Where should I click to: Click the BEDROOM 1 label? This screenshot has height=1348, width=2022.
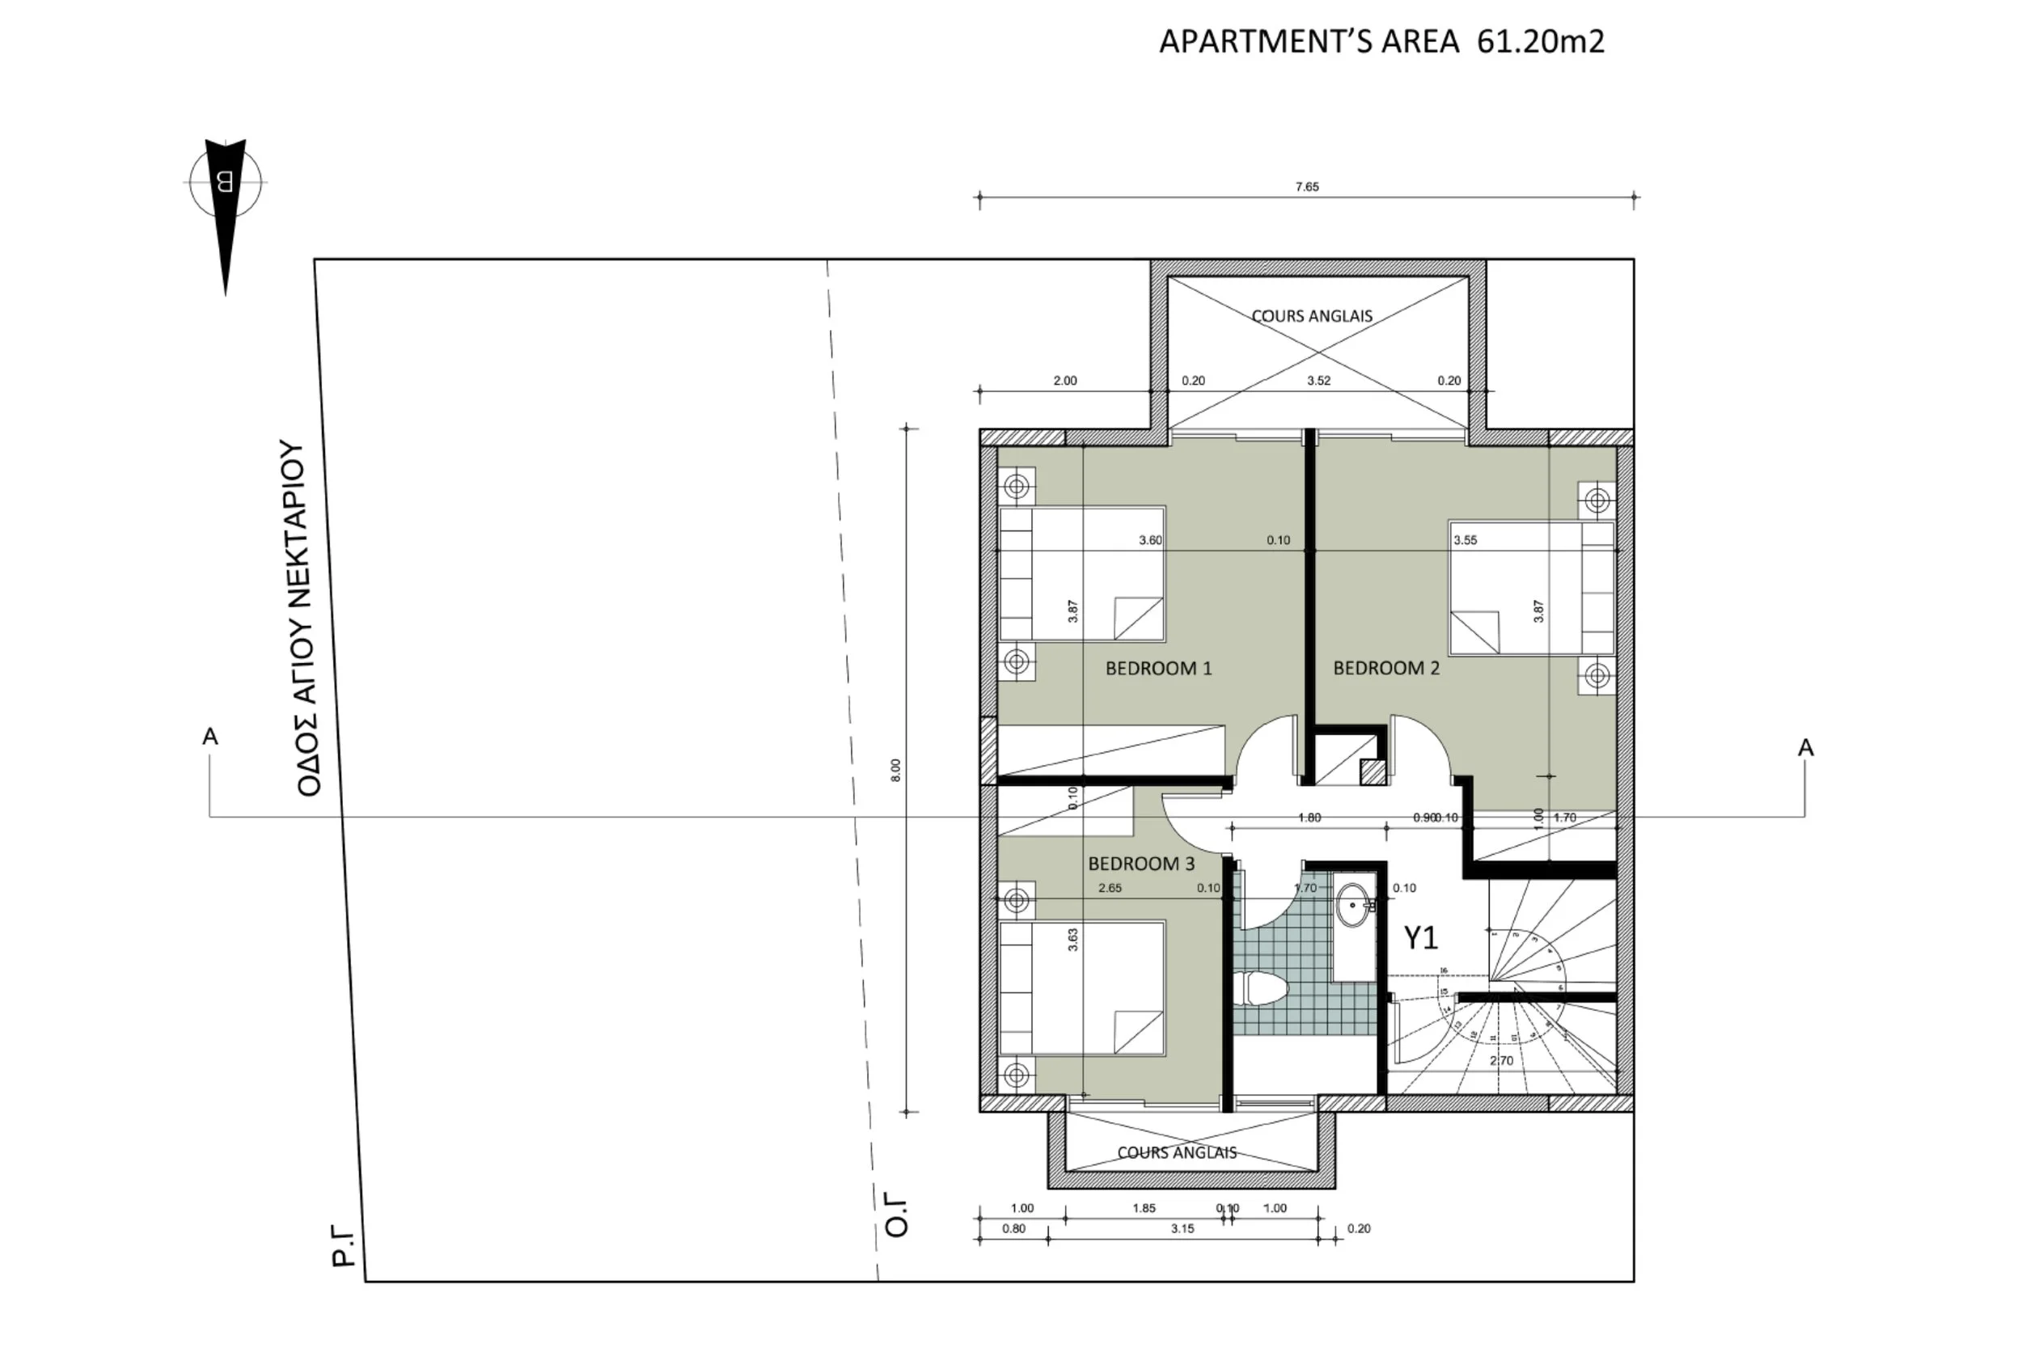click(x=1158, y=668)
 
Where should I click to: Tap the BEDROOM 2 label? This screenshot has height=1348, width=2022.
click(x=1385, y=668)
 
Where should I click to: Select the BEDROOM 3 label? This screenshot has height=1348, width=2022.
click(x=1141, y=863)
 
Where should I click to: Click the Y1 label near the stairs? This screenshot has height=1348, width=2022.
click(x=1420, y=937)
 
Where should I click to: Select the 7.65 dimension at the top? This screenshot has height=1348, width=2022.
click(x=1307, y=187)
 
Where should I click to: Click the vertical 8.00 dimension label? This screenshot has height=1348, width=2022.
click(x=896, y=770)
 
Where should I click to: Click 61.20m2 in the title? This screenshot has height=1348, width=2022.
click(x=1541, y=41)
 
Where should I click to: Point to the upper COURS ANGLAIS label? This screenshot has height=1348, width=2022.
click(x=1311, y=316)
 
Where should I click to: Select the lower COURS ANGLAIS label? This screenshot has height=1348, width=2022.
click(x=1176, y=1153)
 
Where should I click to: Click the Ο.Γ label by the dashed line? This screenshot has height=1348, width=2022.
click(x=896, y=1214)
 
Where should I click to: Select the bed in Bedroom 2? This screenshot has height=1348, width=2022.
click(x=1530, y=588)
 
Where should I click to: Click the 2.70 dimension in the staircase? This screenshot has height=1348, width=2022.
click(x=1501, y=1060)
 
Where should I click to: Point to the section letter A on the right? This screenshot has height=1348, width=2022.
click(x=1805, y=748)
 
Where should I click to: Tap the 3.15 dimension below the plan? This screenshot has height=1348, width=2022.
click(x=1182, y=1228)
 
